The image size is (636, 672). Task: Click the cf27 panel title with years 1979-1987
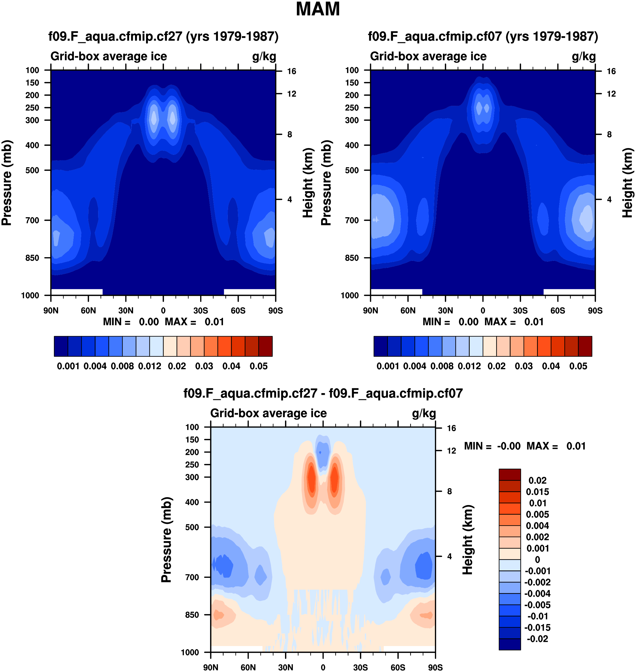[x=164, y=36]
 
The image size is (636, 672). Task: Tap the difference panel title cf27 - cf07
[x=323, y=393]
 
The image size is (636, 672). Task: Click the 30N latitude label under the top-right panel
[x=445, y=310]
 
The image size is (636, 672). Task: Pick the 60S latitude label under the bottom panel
[x=398, y=667]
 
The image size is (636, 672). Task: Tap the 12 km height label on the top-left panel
[x=291, y=94]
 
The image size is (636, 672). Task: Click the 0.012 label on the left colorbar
[x=149, y=366]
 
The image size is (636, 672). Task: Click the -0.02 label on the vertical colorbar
[x=537, y=639]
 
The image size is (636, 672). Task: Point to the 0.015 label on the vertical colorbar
[x=537, y=492]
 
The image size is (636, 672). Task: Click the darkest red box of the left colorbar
[x=266, y=346]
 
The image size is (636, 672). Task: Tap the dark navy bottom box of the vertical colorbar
[x=509, y=644]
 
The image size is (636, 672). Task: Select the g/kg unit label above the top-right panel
[x=584, y=56]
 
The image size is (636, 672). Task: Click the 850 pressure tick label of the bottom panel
[x=192, y=615]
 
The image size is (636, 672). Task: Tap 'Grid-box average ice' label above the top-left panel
[x=109, y=56]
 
